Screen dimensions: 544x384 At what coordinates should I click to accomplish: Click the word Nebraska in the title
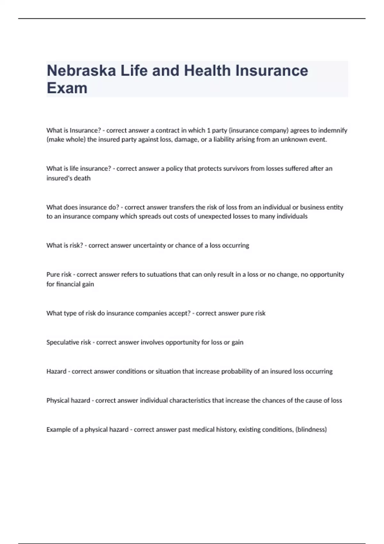coord(81,71)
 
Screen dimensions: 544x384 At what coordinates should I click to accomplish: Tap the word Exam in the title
coord(67,88)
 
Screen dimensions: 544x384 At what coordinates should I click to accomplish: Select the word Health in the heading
coord(207,71)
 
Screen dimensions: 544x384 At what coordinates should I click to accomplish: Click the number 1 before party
coord(209,131)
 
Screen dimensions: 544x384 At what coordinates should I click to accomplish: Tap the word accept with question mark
coord(179,313)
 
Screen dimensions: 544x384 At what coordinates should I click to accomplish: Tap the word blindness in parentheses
coord(311,430)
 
